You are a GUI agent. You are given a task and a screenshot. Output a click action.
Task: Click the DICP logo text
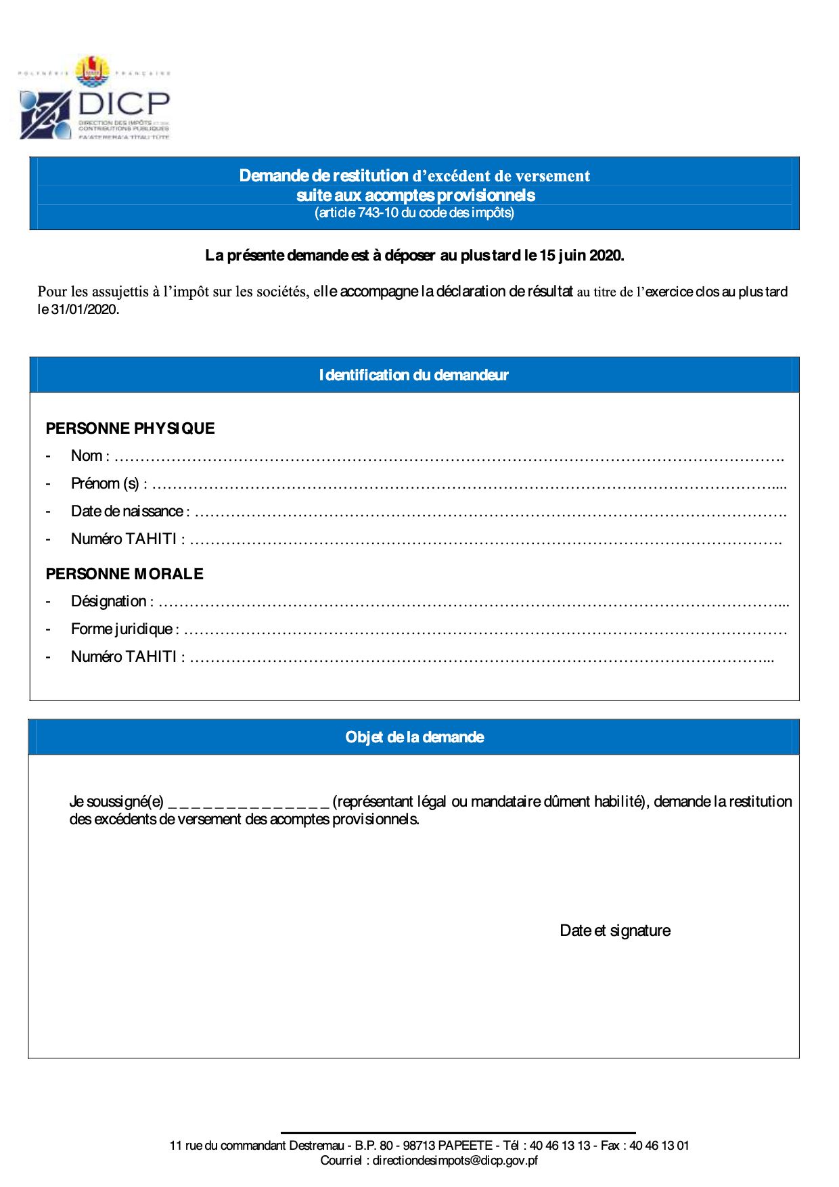click(x=123, y=104)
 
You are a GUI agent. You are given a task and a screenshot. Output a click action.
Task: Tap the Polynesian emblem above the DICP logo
click(x=92, y=71)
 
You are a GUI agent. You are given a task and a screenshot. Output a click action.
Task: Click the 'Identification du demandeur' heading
click(x=413, y=375)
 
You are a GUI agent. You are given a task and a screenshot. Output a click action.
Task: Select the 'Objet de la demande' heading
click(x=414, y=737)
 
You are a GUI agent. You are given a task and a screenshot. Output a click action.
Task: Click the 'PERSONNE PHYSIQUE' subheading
click(x=130, y=428)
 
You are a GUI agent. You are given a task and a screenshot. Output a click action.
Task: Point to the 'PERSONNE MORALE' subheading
click(x=124, y=574)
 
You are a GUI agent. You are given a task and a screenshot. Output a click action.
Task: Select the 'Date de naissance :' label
click(x=130, y=512)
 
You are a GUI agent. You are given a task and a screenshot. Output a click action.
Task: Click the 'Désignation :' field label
click(x=112, y=602)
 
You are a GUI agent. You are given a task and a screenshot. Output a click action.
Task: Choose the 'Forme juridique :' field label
click(x=124, y=629)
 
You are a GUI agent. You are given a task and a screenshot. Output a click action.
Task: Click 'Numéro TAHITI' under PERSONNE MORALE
click(x=127, y=657)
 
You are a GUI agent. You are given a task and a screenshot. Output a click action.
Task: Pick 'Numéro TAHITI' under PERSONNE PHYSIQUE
click(x=127, y=539)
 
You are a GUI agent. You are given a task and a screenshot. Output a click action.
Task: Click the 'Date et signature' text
click(x=615, y=931)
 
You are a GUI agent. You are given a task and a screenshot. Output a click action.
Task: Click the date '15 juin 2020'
click(x=581, y=256)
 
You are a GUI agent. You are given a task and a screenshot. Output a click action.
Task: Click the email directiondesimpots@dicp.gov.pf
click(x=455, y=1161)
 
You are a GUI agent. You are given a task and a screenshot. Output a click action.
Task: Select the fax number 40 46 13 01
click(x=659, y=1146)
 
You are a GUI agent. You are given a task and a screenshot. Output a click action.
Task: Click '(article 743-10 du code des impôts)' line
click(x=414, y=213)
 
